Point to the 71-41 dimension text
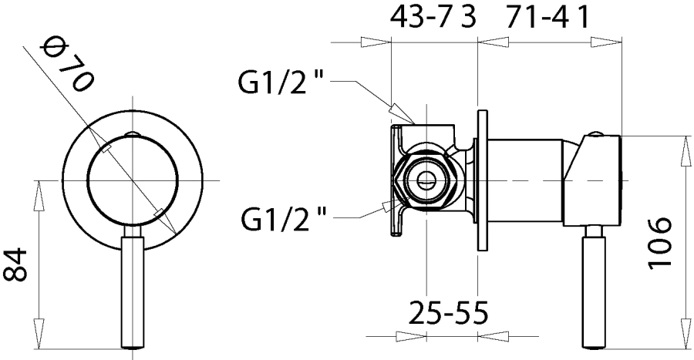[x=549, y=18]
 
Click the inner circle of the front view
[x=133, y=180]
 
